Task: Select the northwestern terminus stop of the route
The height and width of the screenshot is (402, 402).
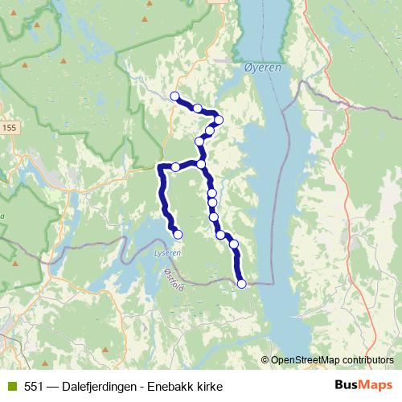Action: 174,96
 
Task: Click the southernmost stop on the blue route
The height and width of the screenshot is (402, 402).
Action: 241,283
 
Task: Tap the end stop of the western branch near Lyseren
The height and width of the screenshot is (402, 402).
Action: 178,234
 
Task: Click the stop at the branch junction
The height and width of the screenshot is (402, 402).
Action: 201,164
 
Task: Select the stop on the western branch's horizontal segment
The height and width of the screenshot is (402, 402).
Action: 175,167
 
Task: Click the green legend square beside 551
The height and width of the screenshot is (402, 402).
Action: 11,386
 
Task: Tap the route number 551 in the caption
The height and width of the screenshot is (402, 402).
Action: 34,386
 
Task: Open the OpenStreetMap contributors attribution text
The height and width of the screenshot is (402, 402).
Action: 332,359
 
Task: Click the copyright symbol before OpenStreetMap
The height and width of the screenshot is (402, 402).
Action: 265,359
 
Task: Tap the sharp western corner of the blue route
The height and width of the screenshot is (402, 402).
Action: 158,168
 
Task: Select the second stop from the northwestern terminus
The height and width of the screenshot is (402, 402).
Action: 197,108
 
